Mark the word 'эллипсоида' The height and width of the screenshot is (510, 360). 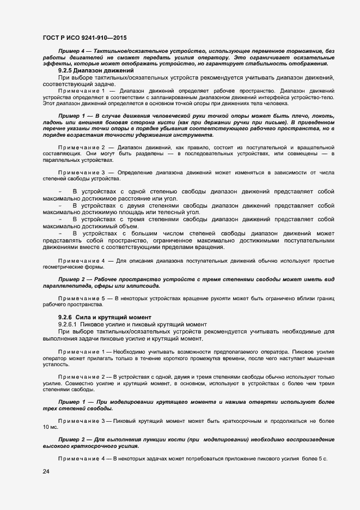(142, 286)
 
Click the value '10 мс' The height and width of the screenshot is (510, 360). (50, 428)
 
